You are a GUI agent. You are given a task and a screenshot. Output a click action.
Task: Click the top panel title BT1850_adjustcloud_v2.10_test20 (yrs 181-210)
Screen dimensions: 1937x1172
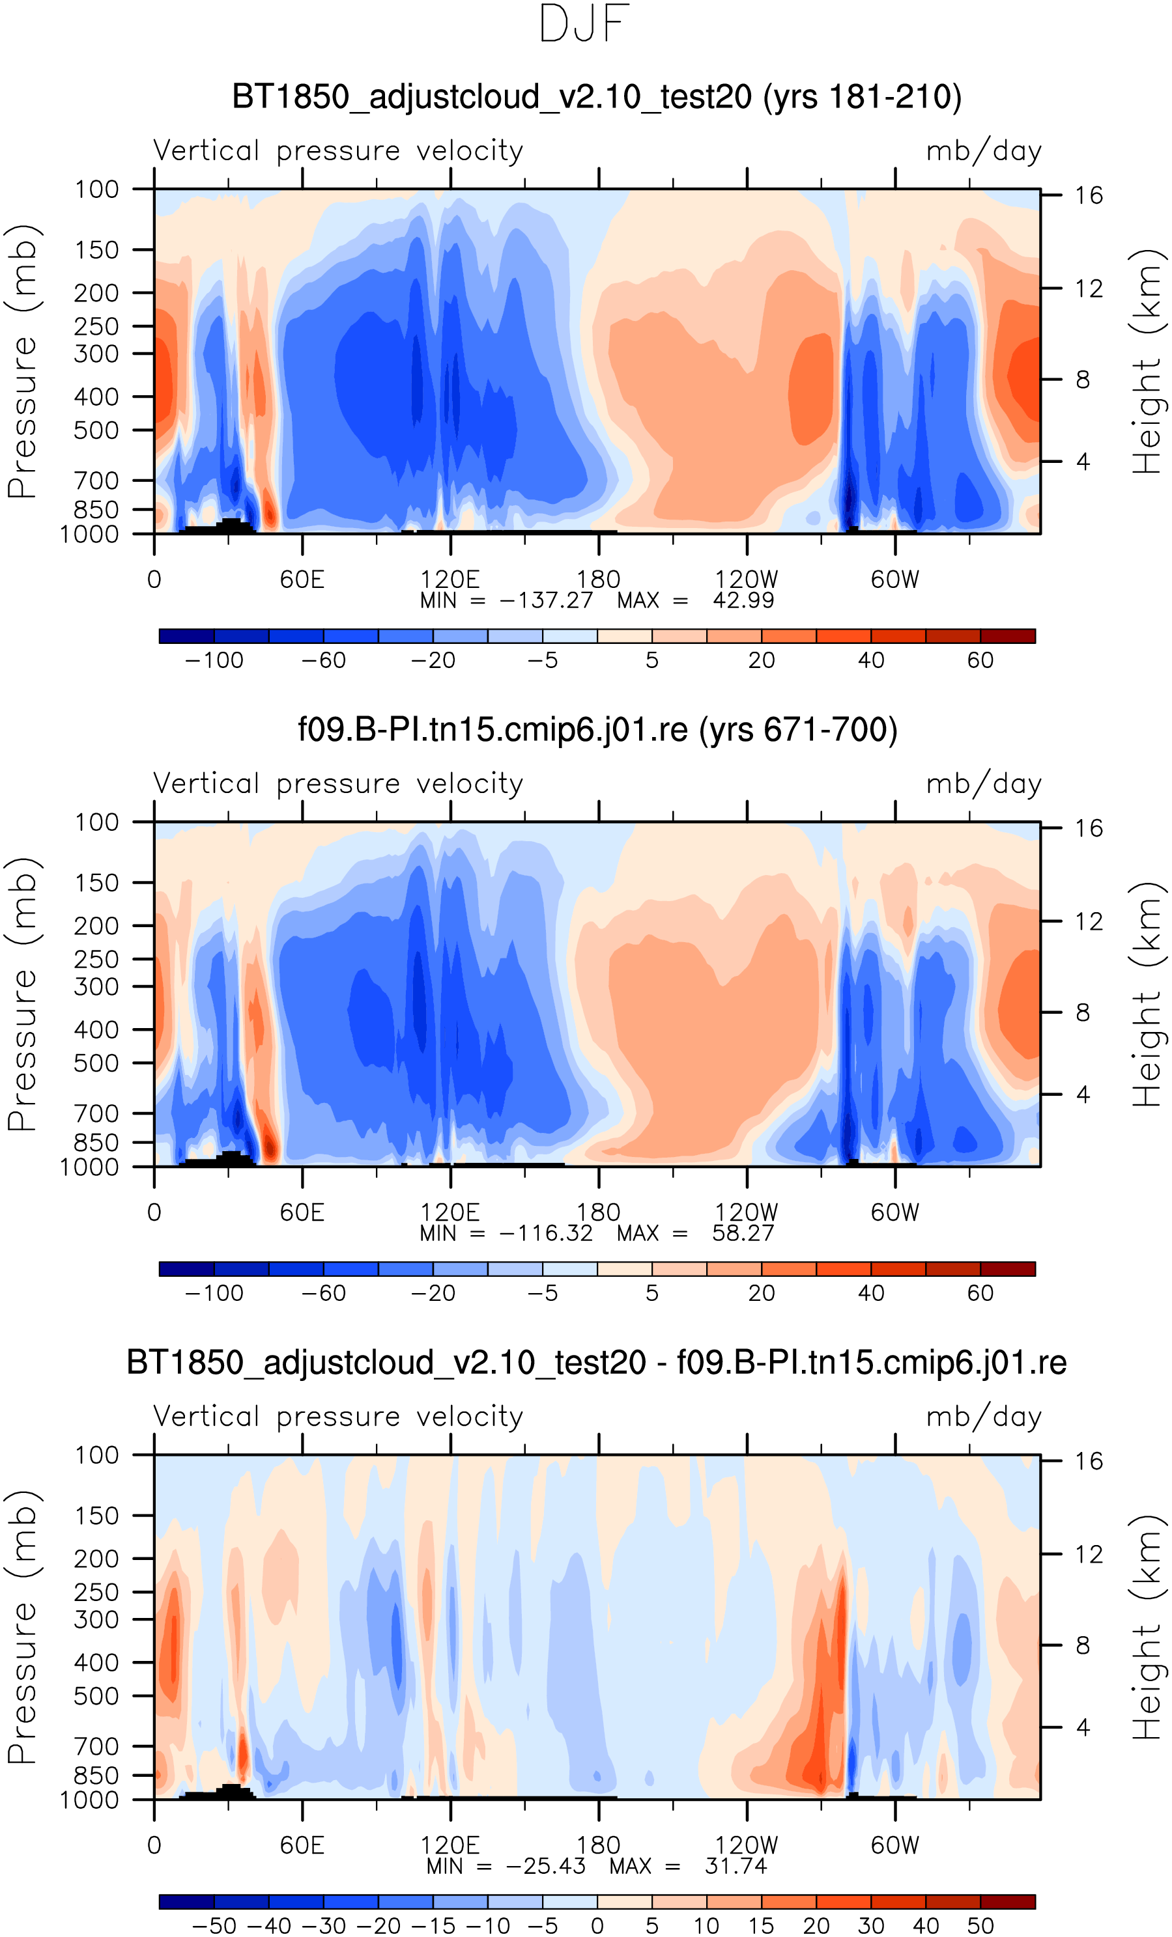[596, 97]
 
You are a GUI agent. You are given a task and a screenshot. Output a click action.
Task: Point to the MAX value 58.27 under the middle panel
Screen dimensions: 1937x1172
[743, 1233]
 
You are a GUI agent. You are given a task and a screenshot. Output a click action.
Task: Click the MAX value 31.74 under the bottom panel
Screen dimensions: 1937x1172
[736, 1866]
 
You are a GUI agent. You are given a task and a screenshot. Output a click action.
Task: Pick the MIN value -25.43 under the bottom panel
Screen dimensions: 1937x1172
[546, 1866]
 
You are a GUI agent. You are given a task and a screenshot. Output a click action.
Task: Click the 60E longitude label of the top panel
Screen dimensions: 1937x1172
[302, 579]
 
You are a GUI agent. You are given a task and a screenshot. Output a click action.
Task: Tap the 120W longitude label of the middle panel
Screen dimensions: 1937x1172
[746, 1212]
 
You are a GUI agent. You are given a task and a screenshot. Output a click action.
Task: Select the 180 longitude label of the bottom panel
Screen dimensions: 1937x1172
[598, 1845]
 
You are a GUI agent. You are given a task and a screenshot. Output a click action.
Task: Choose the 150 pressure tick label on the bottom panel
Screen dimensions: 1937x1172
[96, 1516]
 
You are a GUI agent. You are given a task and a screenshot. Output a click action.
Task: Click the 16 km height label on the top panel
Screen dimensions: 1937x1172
[1089, 195]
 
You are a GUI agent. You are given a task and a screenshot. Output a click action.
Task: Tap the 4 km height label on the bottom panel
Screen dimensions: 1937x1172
[1083, 1727]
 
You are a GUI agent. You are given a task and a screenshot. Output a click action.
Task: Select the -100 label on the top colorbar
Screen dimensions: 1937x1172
[214, 660]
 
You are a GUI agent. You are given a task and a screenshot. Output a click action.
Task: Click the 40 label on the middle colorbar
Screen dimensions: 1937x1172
[871, 1293]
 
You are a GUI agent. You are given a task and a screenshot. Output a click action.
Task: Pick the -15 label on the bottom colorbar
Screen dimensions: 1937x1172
[433, 1926]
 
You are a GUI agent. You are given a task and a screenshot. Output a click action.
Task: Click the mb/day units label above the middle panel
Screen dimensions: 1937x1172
[983, 784]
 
